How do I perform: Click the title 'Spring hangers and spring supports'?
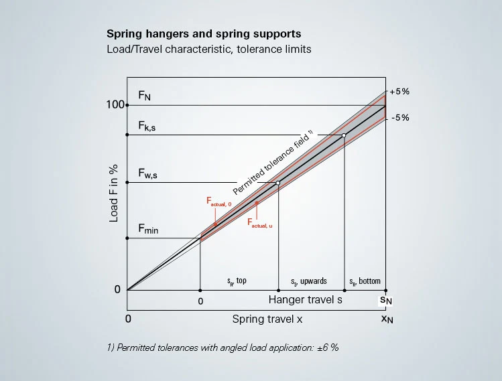click(203, 33)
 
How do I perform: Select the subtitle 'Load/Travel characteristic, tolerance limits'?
click(208, 50)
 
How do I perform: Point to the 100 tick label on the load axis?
click(115, 105)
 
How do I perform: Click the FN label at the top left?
click(145, 96)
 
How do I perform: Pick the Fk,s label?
click(147, 125)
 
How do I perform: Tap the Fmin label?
click(148, 228)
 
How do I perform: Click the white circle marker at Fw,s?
click(278, 183)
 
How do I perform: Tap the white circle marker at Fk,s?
click(344, 135)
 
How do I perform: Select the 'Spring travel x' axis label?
click(267, 319)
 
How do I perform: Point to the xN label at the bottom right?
click(387, 319)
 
